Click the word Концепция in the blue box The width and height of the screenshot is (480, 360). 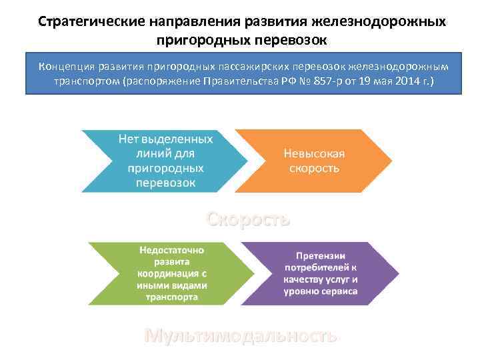click(x=66, y=67)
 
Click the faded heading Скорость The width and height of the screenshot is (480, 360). click(x=248, y=219)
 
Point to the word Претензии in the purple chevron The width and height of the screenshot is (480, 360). click(x=321, y=256)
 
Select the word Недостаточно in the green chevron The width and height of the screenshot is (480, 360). click(x=172, y=249)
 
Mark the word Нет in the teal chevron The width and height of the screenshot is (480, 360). click(x=130, y=139)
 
